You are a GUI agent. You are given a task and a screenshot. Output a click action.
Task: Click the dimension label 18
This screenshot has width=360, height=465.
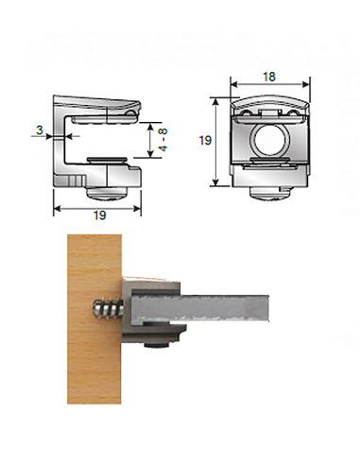(x=269, y=77)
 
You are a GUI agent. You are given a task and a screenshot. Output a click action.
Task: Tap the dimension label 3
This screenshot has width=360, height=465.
(x=40, y=129)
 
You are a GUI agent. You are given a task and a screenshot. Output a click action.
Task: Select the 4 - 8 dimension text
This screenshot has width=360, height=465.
(x=163, y=140)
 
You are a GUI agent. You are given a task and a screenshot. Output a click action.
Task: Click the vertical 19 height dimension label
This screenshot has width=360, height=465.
(x=205, y=140)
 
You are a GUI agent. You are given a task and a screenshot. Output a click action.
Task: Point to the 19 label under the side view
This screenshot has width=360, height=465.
(x=99, y=215)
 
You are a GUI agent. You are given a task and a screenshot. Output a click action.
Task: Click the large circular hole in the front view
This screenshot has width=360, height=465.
(x=268, y=140)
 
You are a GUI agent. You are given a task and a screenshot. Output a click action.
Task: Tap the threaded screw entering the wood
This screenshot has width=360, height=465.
(x=108, y=309)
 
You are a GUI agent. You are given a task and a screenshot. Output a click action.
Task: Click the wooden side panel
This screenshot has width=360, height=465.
(x=94, y=319)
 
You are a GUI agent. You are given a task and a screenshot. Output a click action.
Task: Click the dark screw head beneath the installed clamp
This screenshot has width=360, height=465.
(x=156, y=346)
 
